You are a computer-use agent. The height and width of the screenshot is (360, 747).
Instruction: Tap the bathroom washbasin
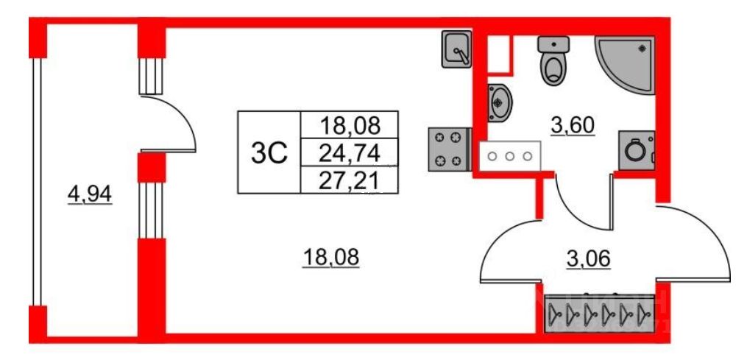coord(500,101)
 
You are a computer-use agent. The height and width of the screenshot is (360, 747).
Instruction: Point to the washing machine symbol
coord(635,152)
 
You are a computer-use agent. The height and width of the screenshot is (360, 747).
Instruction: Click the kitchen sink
coord(456,49)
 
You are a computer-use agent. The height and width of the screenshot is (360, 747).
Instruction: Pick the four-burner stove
coord(447,149)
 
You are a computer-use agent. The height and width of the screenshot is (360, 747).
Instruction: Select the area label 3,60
coord(573,126)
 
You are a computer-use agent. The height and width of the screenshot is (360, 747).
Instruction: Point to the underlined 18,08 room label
coord(330,258)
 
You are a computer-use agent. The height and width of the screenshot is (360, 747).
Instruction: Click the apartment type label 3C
coord(269,152)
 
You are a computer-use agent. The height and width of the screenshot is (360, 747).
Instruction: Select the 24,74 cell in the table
coord(350,153)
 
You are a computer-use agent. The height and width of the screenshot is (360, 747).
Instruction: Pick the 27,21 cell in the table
coord(350,180)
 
